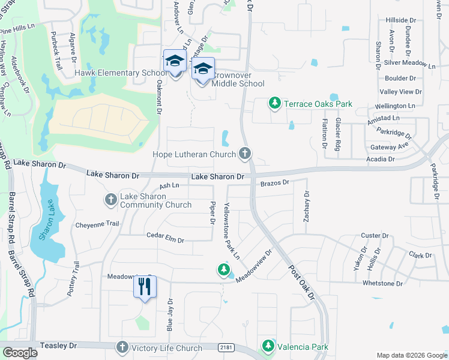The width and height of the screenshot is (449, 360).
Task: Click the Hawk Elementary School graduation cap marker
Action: [x=175, y=62]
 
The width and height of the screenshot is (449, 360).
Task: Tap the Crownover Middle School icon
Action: [x=203, y=70]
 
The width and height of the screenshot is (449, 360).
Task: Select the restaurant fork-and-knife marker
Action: [x=145, y=287]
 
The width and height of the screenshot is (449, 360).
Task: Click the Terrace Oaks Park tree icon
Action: [x=275, y=104]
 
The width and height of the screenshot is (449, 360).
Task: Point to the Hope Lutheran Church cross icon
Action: [x=244, y=154]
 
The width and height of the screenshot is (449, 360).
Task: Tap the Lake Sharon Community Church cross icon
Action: [x=111, y=200]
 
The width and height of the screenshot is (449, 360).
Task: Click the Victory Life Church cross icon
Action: [x=122, y=348]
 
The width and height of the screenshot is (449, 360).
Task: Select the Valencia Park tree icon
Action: [x=268, y=347]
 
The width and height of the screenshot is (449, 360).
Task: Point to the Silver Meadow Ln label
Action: [x=409, y=63]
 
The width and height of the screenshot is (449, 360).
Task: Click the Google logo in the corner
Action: [x=20, y=353]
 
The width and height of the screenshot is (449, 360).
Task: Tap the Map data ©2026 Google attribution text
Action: [x=411, y=355]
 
